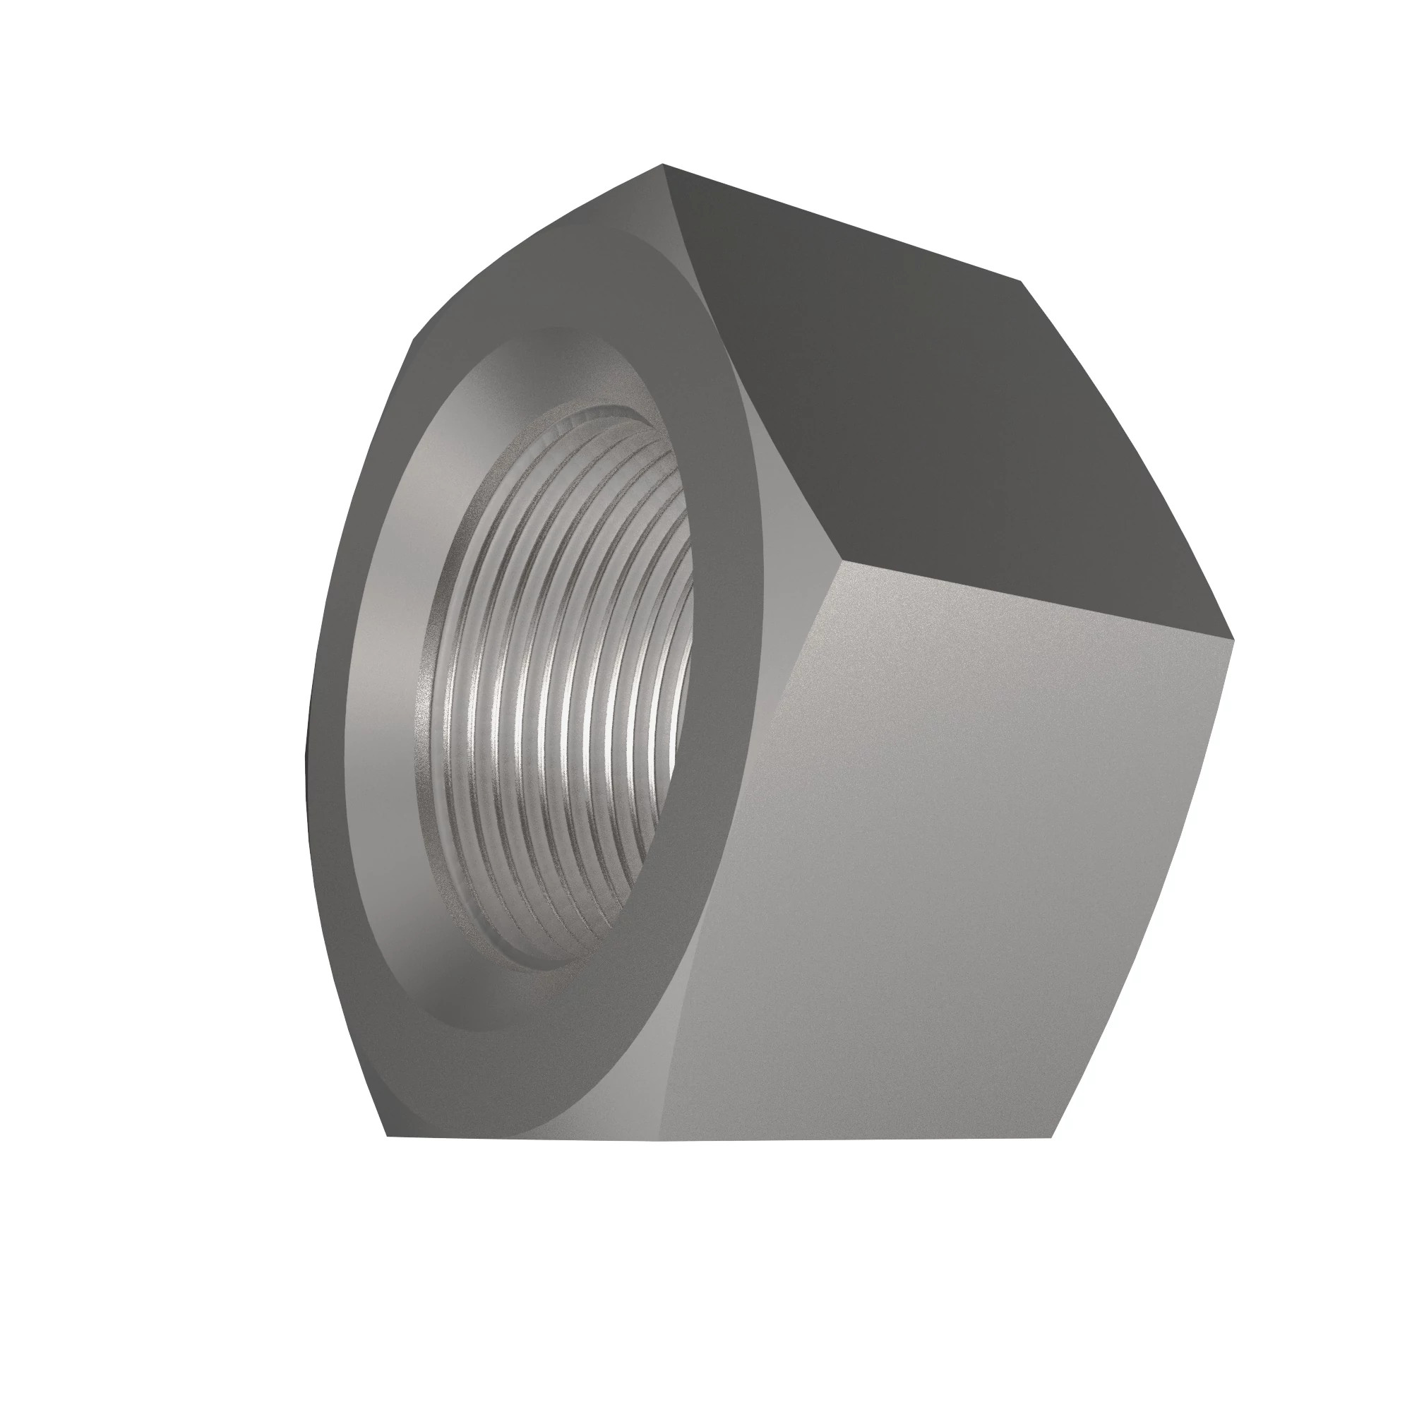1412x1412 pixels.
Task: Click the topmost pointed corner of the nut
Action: [663, 164]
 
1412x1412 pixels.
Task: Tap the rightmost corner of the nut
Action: [1234, 640]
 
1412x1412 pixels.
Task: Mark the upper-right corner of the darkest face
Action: [1022, 281]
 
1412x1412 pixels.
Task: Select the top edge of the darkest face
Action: [840, 222]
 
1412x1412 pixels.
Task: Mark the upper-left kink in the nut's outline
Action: [414, 340]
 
